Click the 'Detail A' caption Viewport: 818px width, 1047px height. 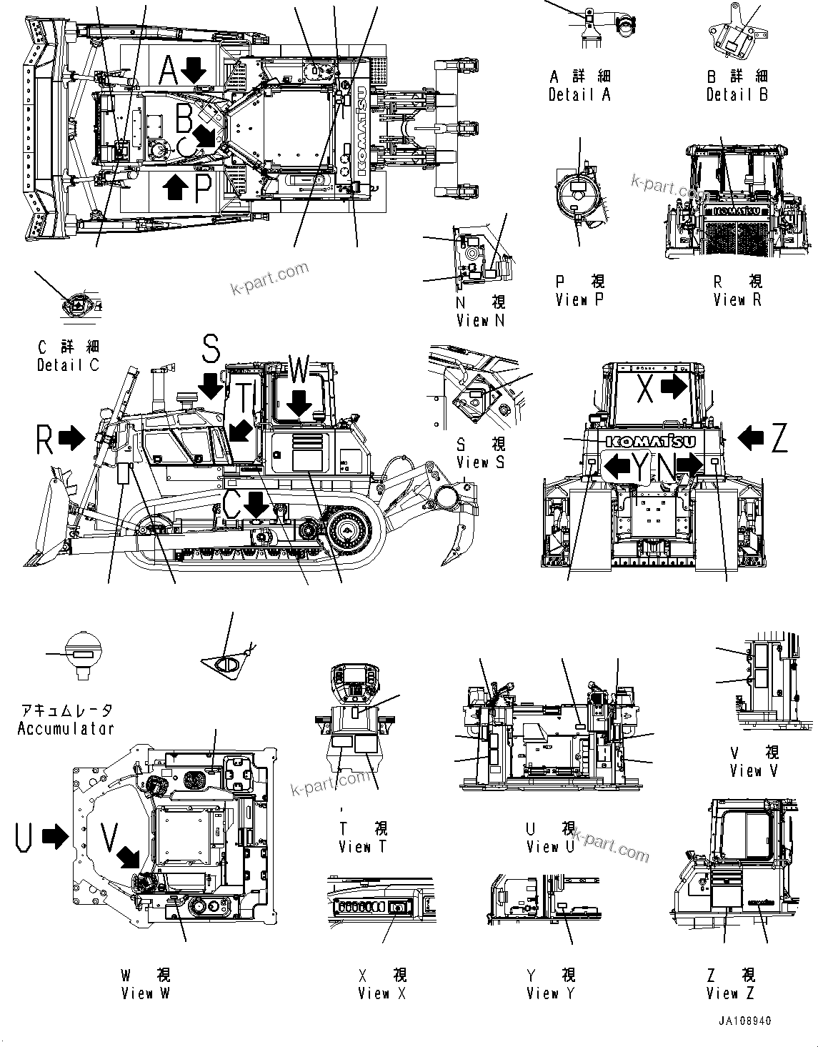(x=579, y=94)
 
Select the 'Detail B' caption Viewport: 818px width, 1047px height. (x=737, y=94)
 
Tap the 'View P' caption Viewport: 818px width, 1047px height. (x=579, y=300)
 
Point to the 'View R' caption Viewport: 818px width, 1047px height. (x=737, y=300)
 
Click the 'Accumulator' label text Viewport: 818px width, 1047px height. (x=66, y=729)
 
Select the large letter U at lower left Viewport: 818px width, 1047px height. (x=23, y=836)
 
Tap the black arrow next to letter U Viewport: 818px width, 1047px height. (x=54, y=836)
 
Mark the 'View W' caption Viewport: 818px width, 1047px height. (x=146, y=993)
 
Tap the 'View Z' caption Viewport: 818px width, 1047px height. (x=730, y=993)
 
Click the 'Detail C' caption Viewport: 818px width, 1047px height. (x=68, y=365)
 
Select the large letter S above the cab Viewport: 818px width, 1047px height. (x=211, y=349)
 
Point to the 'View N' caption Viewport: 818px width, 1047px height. (x=480, y=321)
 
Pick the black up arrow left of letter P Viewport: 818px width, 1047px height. (x=176, y=188)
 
